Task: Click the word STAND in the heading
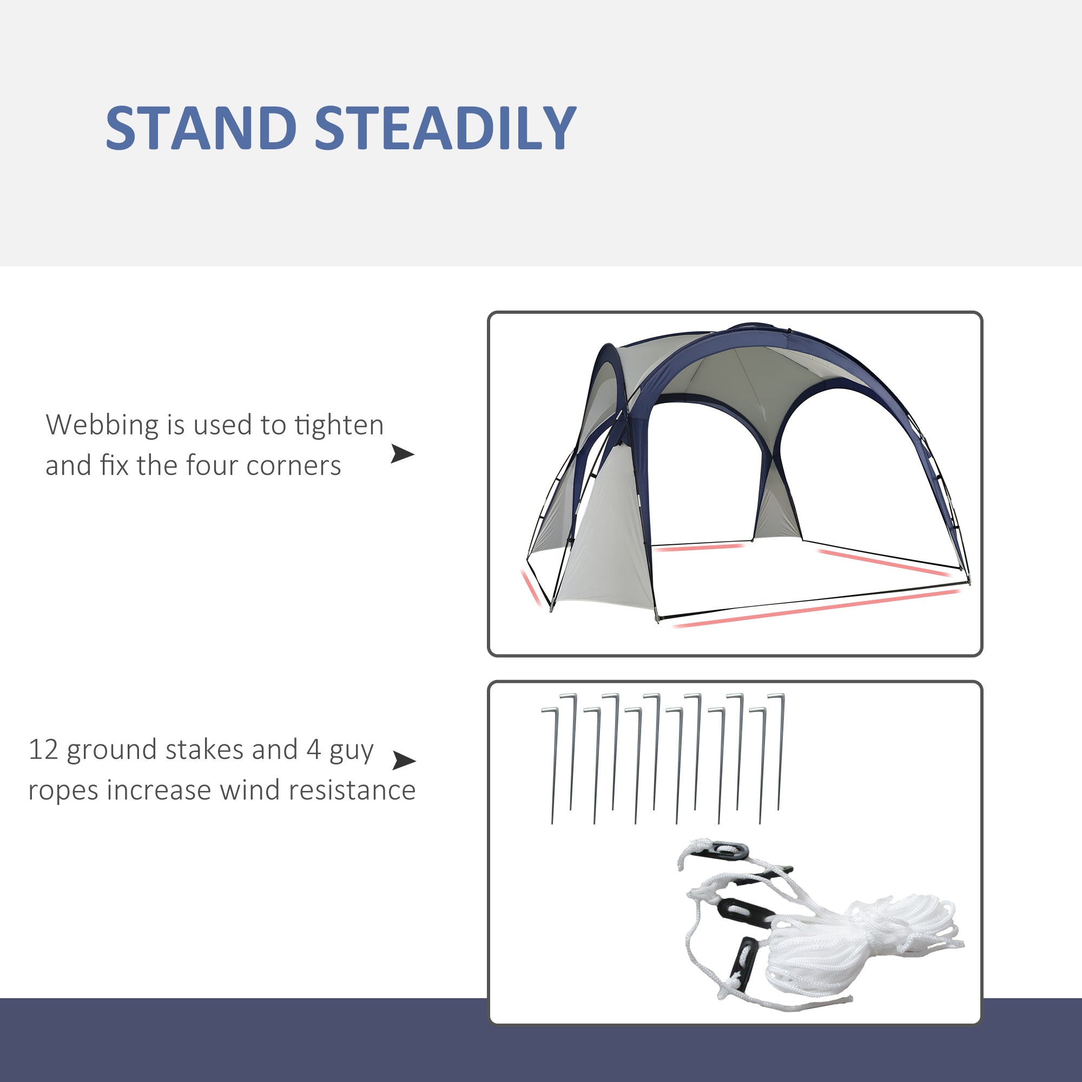coord(201,129)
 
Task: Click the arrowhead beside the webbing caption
coord(402,454)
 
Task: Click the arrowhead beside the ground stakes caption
coord(404,761)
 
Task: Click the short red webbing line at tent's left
coord(531,588)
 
